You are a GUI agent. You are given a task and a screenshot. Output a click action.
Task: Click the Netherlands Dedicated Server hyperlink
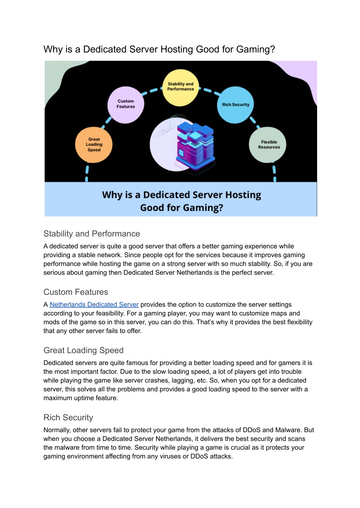pos(94,304)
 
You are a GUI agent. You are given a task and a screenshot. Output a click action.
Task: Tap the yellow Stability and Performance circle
pos(180,87)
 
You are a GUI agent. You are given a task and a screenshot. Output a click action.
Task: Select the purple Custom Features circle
pos(126,105)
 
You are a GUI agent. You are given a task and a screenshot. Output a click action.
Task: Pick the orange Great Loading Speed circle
pos(94,145)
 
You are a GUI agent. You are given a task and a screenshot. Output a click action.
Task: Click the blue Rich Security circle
pos(236,105)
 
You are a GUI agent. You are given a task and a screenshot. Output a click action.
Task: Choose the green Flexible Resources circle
pos(268,145)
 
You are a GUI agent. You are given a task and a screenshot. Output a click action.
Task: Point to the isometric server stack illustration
pos(195,148)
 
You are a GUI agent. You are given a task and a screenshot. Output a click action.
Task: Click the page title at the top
pos(159,49)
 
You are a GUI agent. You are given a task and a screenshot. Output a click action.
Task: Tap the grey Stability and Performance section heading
pos(92,234)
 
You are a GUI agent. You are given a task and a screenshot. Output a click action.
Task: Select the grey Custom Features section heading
pos(76,292)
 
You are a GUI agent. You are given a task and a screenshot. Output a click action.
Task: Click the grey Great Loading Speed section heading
pos(84,350)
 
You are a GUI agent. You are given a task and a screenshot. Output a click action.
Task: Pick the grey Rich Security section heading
pos(68,417)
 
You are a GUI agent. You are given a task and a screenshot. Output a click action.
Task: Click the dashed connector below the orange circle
pos(87,172)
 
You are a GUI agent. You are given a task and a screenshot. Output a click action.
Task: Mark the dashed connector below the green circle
pos(274,172)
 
